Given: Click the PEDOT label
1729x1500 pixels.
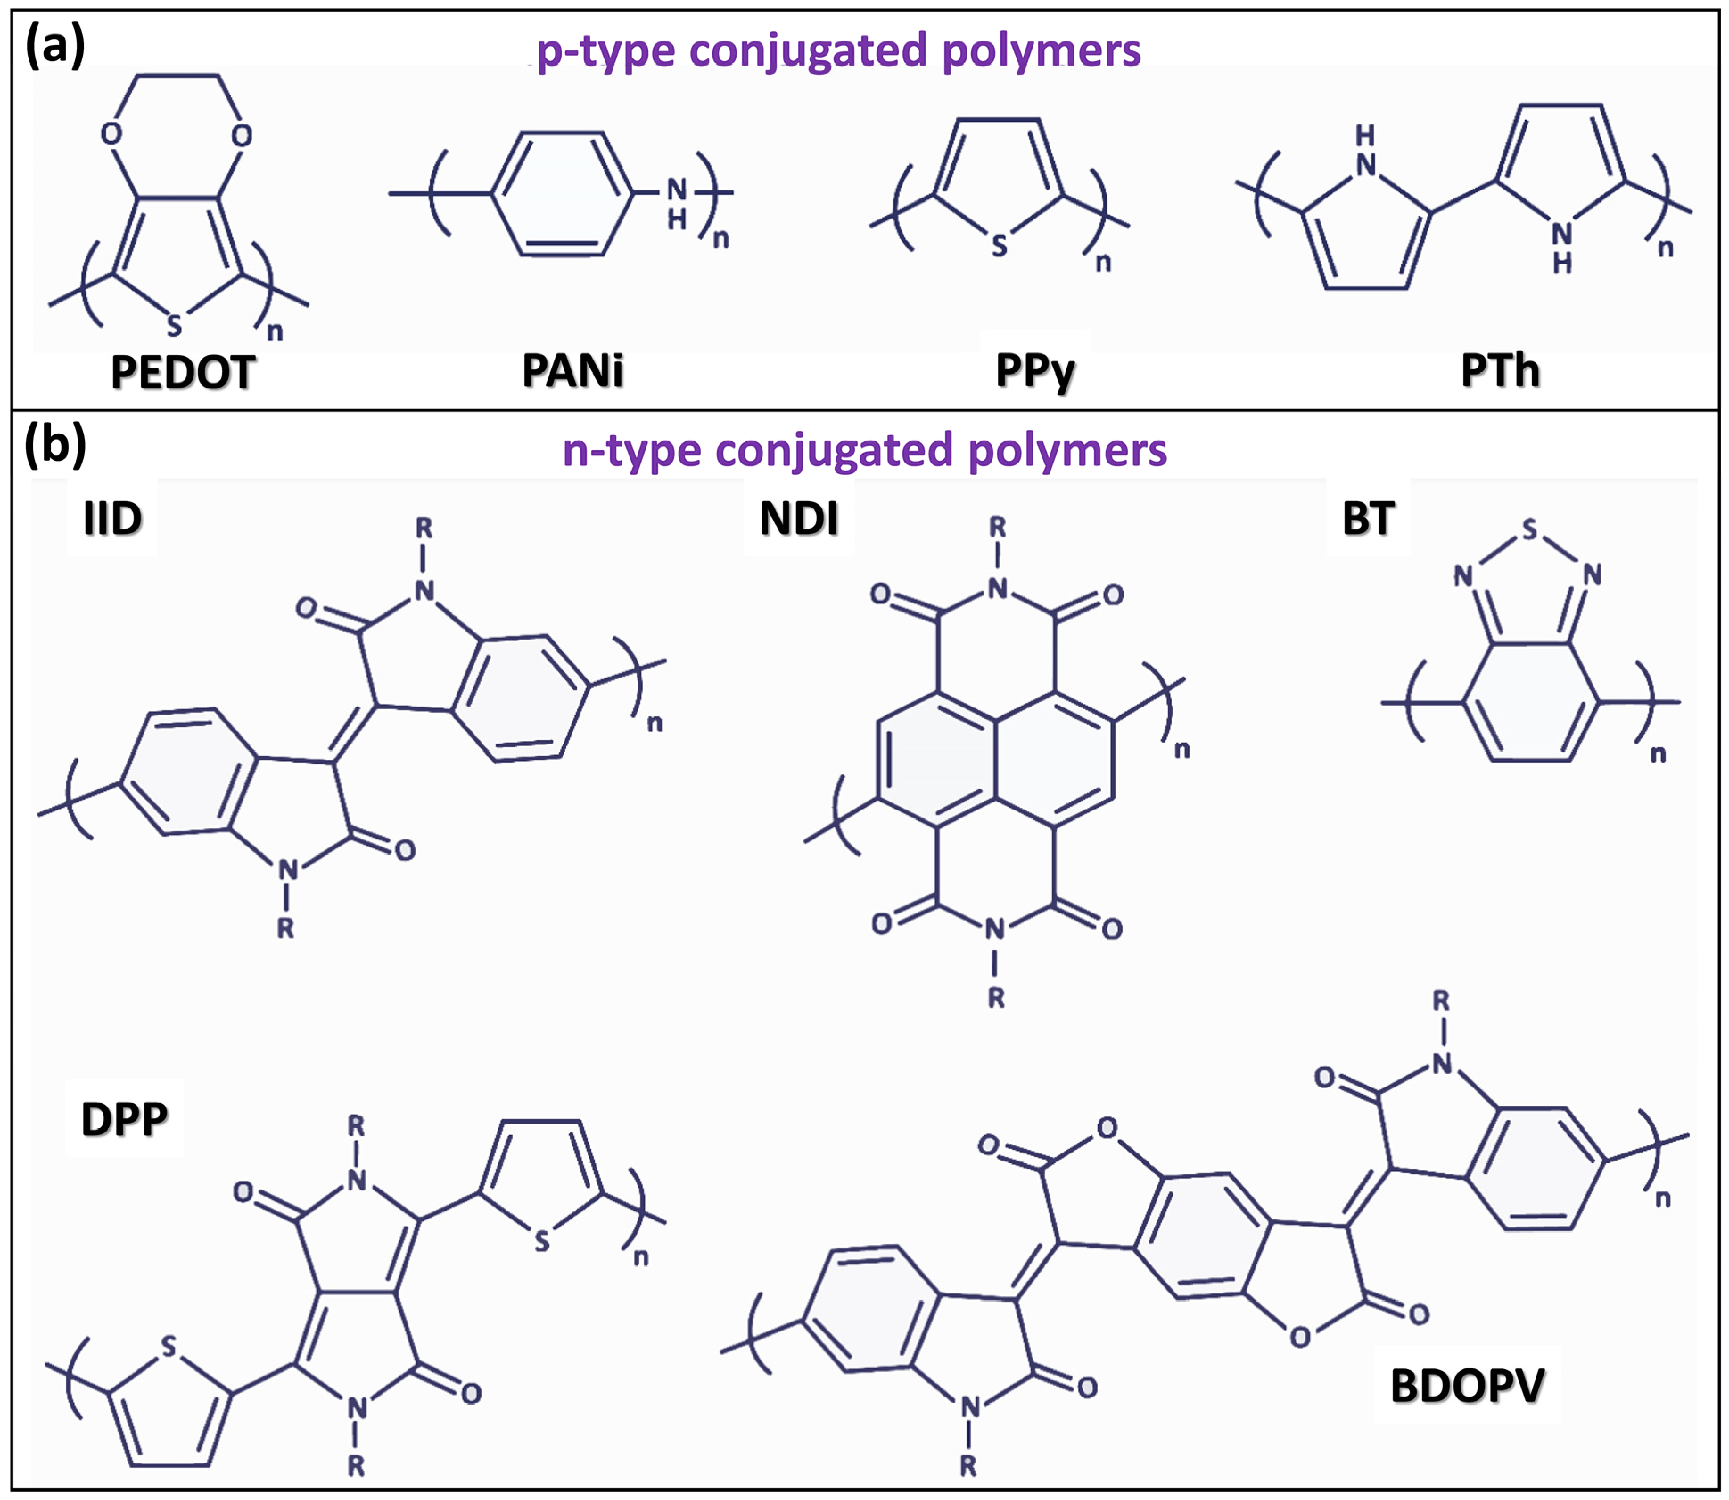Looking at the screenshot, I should point(182,372).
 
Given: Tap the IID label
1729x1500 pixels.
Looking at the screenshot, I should point(112,519).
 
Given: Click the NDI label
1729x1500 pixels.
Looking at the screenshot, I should point(799,519).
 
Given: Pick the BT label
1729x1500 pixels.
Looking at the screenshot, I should point(1367,519).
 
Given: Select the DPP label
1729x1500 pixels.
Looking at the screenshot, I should point(124,1119).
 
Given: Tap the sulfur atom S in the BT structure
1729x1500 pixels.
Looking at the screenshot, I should point(1529,529).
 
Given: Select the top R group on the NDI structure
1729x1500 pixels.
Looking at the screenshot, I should point(997,526).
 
